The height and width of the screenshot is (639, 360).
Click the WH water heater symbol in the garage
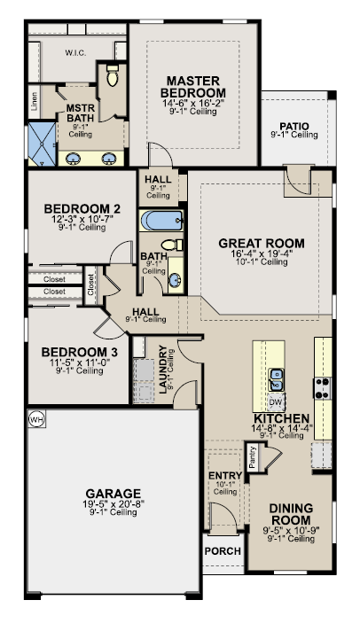(x=36, y=419)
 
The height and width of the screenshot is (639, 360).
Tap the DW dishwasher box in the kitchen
(x=276, y=402)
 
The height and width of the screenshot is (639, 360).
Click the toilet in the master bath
(x=113, y=75)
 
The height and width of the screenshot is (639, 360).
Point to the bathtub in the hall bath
(x=162, y=221)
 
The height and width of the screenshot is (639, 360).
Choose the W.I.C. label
(x=75, y=52)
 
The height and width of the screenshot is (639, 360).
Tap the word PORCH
(x=223, y=551)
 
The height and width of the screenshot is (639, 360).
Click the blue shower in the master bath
(x=42, y=144)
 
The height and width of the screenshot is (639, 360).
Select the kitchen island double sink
(x=276, y=379)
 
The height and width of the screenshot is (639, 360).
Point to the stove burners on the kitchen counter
(x=323, y=388)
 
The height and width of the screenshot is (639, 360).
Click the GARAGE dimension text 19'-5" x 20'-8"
(x=113, y=503)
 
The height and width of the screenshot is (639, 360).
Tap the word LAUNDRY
(x=163, y=370)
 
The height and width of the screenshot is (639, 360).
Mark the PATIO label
(x=294, y=127)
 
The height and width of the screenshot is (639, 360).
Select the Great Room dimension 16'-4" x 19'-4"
(x=262, y=253)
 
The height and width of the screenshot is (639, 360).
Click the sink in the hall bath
(x=176, y=279)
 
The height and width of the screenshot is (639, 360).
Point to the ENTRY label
(x=225, y=476)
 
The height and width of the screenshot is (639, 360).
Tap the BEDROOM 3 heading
(x=80, y=352)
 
